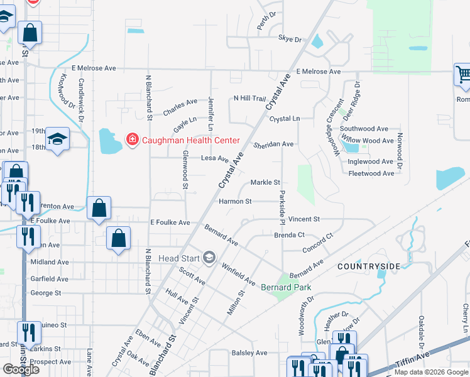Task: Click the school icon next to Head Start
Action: point(209,258)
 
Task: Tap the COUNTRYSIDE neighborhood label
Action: point(368,266)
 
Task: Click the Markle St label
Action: point(265,183)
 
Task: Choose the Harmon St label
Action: point(235,202)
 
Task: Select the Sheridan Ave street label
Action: point(274,145)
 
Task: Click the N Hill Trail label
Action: point(250,98)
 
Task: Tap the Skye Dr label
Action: point(290,39)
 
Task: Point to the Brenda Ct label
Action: point(289,235)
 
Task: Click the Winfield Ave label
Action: point(238,274)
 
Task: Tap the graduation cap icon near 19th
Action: point(57,139)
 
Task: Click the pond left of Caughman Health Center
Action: point(110,142)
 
